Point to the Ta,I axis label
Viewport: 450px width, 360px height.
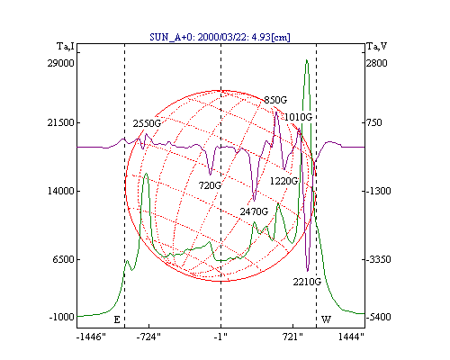coord(66,46)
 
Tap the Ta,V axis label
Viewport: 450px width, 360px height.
coord(377,46)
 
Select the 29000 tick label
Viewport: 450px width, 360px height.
coord(60,63)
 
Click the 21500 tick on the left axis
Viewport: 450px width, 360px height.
coord(60,122)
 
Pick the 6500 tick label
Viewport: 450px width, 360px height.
coord(63,259)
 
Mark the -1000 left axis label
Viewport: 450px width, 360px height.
coord(61,317)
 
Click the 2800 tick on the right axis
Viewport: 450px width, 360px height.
coord(377,63)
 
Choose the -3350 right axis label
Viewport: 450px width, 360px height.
coord(379,259)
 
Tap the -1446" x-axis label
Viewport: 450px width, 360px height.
coord(91,337)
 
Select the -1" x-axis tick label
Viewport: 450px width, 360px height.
coord(220,337)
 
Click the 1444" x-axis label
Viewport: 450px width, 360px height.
coord(351,337)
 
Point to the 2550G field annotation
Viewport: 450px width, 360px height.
coord(147,123)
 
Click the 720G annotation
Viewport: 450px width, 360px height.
coord(210,185)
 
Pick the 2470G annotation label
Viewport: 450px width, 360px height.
coord(254,211)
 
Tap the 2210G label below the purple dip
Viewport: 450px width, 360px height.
coord(307,282)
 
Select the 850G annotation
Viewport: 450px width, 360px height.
coord(275,100)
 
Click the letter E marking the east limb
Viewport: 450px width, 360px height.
coord(117,319)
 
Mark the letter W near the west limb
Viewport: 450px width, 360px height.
coord(326,319)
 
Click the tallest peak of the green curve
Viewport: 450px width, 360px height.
coord(307,60)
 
